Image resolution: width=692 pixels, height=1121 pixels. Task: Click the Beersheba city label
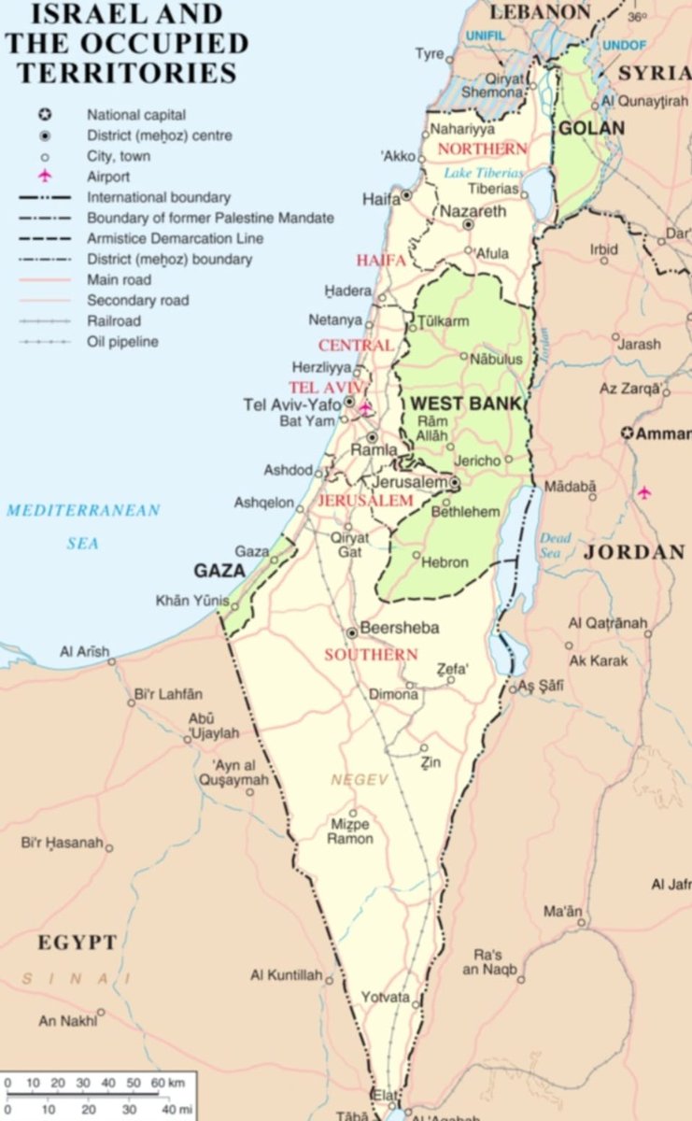tap(399, 628)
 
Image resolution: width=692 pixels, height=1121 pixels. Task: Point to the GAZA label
tap(219, 570)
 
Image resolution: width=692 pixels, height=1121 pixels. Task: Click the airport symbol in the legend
tap(44, 177)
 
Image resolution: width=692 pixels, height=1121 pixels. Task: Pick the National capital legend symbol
tap(44, 115)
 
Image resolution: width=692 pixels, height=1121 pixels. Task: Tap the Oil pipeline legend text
tap(122, 341)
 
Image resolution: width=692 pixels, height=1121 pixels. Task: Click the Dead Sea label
tap(555, 545)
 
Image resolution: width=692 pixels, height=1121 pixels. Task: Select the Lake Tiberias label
tap(483, 173)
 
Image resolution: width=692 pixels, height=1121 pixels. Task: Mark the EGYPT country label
tap(78, 943)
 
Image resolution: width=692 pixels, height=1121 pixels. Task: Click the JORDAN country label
tap(634, 552)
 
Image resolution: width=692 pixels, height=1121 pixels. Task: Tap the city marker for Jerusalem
tap(454, 483)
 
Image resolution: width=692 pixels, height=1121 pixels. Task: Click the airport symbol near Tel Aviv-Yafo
tap(365, 407)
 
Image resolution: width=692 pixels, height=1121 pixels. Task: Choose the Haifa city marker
tap(407, 195)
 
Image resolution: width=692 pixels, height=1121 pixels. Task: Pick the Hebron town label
tap(445, 562)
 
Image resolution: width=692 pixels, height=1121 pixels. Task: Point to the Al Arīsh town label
tap(84, 651)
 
